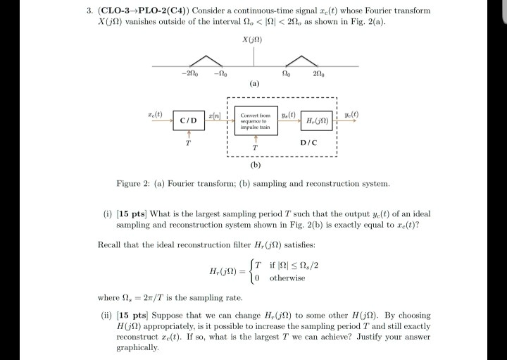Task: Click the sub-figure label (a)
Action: pos(254,83)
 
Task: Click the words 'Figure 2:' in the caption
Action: pos(133,183)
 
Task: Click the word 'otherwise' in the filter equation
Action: pos(287,278)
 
